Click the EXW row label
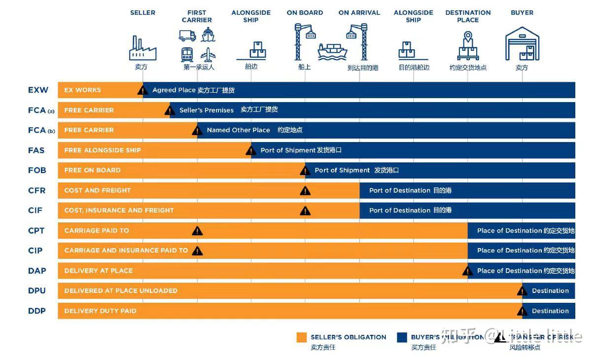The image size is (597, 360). pyautogui.click(x=38, y=90)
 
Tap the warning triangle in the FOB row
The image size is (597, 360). pyautogui.click(x=305, y=171)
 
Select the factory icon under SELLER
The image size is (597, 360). pyautogui.click(x=142, y=48)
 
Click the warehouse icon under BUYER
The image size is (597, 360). pyautogui.click(x=522, y=44)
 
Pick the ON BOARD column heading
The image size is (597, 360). pyautogui.click(x=305, y=13)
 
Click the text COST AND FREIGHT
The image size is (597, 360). pyautogui.click(x=98, y=190)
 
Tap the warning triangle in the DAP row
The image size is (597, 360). pyautogui.click(x=467, y=271)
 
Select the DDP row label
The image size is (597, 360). pyautogui.click(x=37, y=311)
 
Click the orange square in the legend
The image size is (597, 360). pyautogui.click(x=302, y=337)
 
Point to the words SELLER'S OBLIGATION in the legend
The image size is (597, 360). pyautogui.click(x=348, y=337)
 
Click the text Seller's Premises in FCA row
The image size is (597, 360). pyautogui.click(x=207, y=110)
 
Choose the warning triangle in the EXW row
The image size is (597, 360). pyautogui.click(x=142, y=90)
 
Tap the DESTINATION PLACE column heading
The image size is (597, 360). pyautogui.click(x=468, y=16)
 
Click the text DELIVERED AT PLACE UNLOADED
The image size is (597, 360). pyautogui.click(x=121, y=290)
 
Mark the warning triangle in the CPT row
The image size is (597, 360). pyautogui.click(x=197, y=231)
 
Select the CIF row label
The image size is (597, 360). pyautogui.click(x=35, y=211)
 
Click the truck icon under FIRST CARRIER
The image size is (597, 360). pyautogui.click(x=187, y=36)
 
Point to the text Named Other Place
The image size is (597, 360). pyautogui.click(x=238, y=130)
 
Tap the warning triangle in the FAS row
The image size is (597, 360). pyautogui.click(x=251, y=150)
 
